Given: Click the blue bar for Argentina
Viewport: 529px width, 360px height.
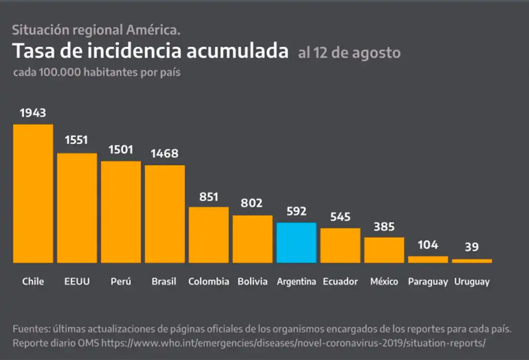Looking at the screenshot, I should click(x=296, y=243).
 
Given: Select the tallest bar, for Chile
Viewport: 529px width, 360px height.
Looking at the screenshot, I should click(x=33, y=194).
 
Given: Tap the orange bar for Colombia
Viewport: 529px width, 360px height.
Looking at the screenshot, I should click(x=209, y=235).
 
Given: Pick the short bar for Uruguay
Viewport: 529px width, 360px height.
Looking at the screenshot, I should click(x=472, y=261).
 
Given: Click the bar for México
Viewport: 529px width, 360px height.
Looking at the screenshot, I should click(x=384, y=250).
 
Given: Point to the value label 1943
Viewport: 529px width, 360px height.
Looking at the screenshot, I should click(x=33, y=113).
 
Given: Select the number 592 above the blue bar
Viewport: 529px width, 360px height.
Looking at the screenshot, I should click(x=296, y=211).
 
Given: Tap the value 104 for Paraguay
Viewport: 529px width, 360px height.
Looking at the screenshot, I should click(x=428, y=245).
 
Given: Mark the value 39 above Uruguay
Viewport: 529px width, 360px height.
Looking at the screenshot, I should click(x=472, y=247).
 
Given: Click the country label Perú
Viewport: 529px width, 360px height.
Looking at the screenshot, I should click(x=121, y=282).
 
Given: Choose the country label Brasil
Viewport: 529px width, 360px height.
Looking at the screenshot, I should click(x=164, y=282).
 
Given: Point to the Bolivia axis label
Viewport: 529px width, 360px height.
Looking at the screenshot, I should click(x=252, y=282).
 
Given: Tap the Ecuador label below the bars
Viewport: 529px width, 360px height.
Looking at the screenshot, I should click(x=340, y=282).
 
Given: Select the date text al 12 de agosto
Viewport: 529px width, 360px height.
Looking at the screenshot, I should click(x=349, y=53).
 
